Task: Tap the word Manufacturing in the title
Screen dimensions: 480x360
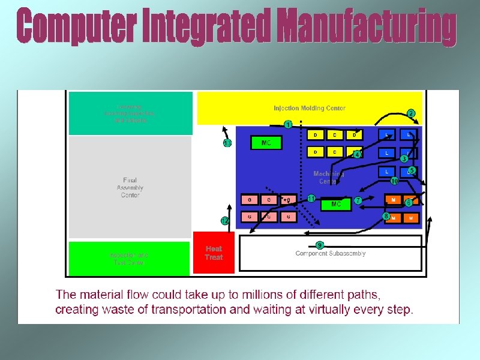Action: click(367, 27)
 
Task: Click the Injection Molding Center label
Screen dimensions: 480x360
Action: click(310, 109)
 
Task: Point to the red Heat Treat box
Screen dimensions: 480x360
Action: click(214, 253)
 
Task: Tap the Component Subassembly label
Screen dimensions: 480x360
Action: click(330, 253)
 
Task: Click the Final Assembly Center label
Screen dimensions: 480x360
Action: click(130, 187)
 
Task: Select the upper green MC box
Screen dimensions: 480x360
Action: click(266, 143)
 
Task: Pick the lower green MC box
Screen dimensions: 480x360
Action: click(336, 204)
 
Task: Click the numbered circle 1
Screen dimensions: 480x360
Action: click(289, 125)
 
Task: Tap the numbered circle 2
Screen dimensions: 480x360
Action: click(411, 113)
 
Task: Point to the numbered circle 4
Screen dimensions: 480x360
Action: click(357, 154)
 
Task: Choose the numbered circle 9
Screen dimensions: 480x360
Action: click(320, 244)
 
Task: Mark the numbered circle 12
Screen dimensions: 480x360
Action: click(225, 221)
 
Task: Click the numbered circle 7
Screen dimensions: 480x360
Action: click(358, 200)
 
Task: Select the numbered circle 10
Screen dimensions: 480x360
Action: click(394, 181)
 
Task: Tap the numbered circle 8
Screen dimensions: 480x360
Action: click(386, 215)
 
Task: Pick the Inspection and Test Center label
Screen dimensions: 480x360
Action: click(130, 259)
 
